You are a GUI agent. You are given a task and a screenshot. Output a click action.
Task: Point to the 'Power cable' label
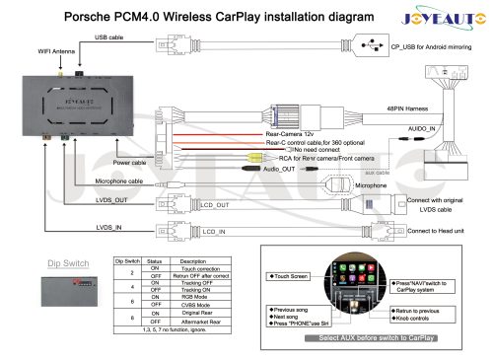pyautogui.click(x=131, y=161)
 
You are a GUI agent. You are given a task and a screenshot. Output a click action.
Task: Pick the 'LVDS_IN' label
pyautogui.click(x=111, y=229)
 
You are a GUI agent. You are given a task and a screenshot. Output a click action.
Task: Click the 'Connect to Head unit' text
pyautogui.click(x=442, y=230)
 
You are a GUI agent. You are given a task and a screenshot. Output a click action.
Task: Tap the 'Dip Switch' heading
pyautogui.click(x=69, y=263)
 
